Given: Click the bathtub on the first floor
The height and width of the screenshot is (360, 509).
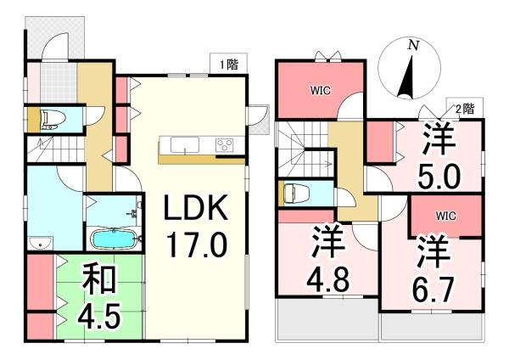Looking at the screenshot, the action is pyautogui.click(x=115, y=239).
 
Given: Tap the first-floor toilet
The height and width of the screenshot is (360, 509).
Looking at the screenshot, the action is pyautogui.click(x=51, y=119).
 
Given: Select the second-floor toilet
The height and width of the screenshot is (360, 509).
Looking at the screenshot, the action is pyautogui.click(x=294, y=194).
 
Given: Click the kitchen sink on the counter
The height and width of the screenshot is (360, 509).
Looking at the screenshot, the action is pyautogui.click(x=185, y=144).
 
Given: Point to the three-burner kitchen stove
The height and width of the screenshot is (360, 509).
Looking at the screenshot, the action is pyautogui.click(x=224, y=145).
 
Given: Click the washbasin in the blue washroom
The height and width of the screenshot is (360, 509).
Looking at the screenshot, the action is pyautogui.click(x=40, y=243).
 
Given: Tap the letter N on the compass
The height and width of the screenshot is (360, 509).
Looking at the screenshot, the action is pyautogui.click(x=413, y=45).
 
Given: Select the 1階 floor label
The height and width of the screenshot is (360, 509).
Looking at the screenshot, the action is pyautogui.click(x=229, y=65).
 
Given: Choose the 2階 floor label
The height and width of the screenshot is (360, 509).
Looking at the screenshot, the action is pyautogui.click(x=465, y=110).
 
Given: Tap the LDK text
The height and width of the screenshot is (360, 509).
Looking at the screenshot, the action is pyautogui.click(x=196, y=208).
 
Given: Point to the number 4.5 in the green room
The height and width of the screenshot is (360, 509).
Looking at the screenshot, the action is pyautogui.click(x=99, y=315).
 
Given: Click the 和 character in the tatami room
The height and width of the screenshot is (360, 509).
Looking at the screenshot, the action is pyautogui.click(x=99, y=280).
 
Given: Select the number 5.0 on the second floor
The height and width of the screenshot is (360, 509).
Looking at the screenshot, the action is pyautogui.click(x=439, y=177).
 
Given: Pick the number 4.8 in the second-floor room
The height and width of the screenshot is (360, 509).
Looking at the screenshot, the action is pyautogui.click(x=328, y=279).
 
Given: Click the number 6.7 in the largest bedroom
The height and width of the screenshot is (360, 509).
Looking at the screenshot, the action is pyautogui.click(x=433, y=290).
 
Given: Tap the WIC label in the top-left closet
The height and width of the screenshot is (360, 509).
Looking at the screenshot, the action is pyautogui.click(x=321, y=90).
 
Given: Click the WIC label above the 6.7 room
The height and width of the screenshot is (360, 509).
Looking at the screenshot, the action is pyautogui.click(x=445, y=216).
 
